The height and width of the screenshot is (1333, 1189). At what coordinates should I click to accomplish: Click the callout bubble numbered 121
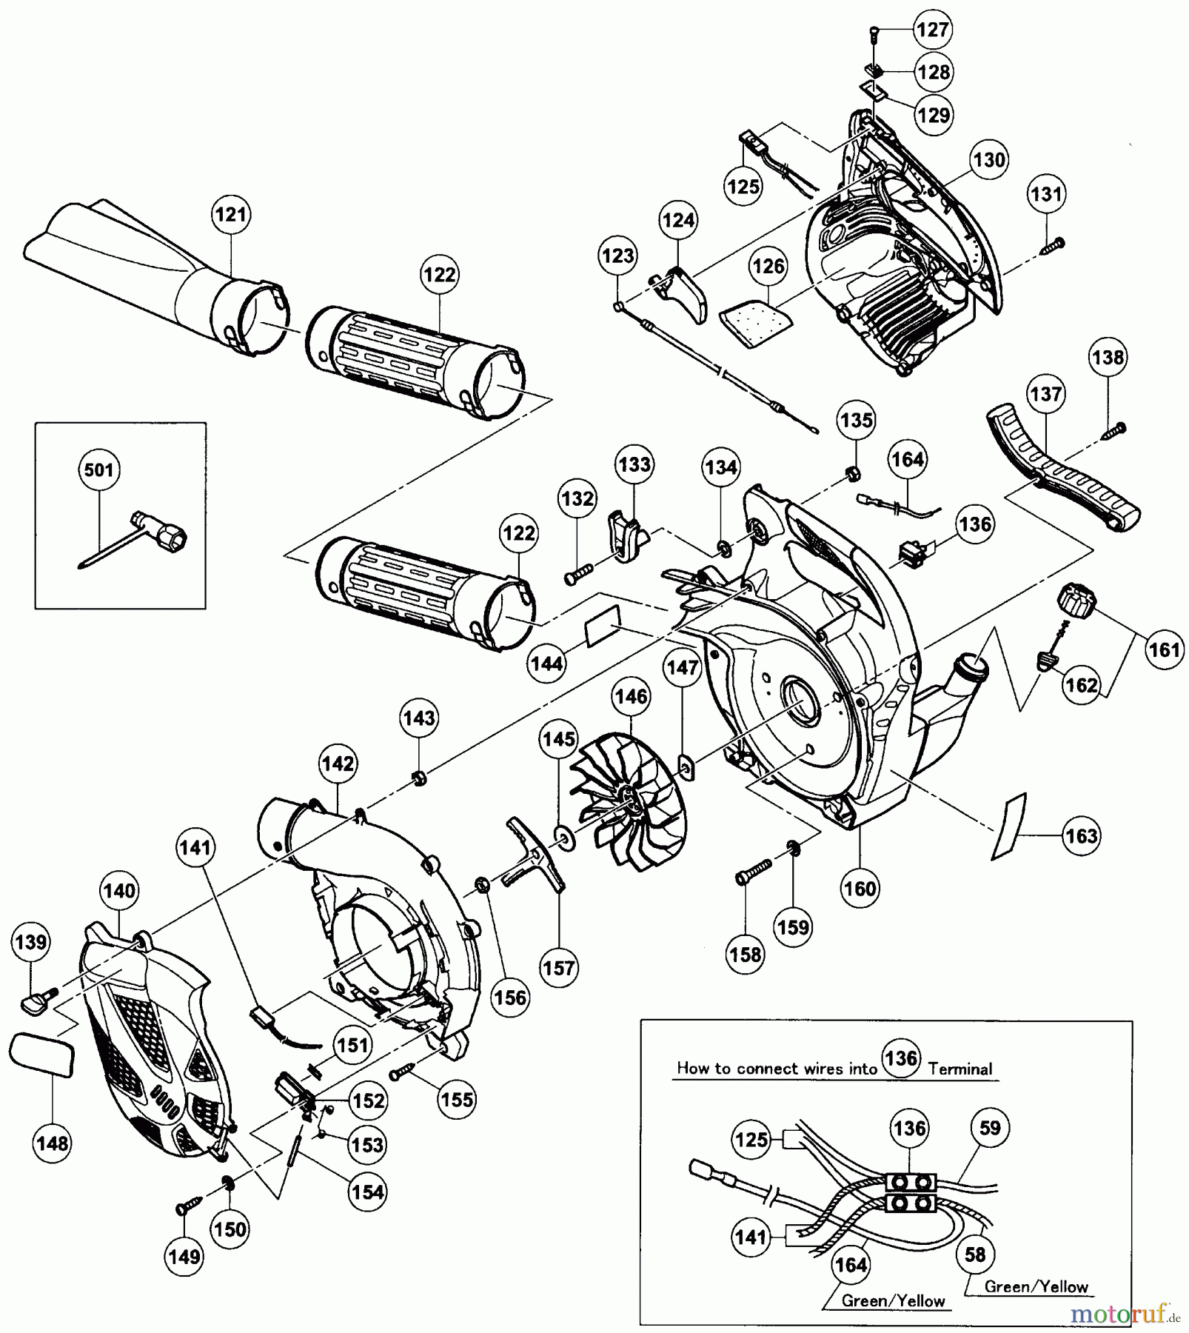pos(230,215)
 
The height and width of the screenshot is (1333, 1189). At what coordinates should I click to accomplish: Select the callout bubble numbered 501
pos(99,470)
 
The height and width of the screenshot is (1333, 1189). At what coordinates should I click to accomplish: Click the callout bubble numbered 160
pos(860,888)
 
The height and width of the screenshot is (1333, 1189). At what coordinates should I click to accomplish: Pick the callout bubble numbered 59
pos(990,1129)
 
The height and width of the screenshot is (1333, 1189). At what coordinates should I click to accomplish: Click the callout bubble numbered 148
pos(53,1143)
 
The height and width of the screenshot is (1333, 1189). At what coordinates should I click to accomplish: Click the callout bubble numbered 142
pos(338,764)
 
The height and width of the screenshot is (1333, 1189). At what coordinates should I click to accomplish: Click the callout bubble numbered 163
pos(1081,836)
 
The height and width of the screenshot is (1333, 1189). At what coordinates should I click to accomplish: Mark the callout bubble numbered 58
pos(975,1254)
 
